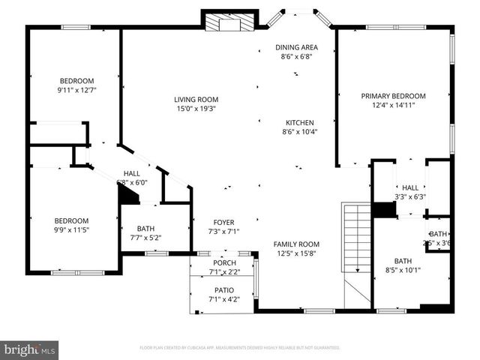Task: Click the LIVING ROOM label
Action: (x=196, y=99)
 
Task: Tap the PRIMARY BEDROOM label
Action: (x=393, y=96)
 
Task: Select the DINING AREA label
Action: (x=296, y=46)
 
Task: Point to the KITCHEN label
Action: (x=300, y=122)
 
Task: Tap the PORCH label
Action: (x=224, y=263)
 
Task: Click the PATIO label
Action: (x=223, y=290)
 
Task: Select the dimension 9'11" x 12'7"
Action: (x=76, y=91)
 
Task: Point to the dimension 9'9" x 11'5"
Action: (x=72, y=230)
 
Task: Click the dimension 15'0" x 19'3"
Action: (x=196, y=109)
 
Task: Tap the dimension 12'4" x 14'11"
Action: (x=393, y=106)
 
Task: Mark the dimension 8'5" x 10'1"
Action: (x=403, y=270)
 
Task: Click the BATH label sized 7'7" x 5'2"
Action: (x=145, y=229)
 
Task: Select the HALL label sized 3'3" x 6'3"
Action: (x=409, y=188)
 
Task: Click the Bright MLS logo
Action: (x=30, y=349)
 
